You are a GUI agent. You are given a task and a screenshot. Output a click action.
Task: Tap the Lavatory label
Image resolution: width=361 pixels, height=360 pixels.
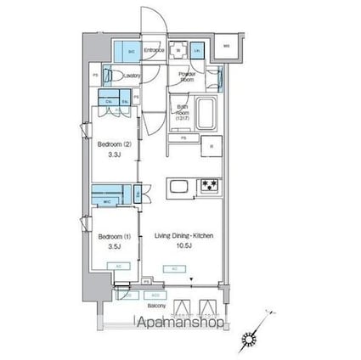(131, 76)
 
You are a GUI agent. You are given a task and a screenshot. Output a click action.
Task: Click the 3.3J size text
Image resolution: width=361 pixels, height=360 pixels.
(111, 156)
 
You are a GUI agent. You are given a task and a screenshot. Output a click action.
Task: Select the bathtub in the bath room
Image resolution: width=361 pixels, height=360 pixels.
(207, 111)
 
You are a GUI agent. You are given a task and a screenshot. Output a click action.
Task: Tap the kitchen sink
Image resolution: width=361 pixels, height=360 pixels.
(179, 186)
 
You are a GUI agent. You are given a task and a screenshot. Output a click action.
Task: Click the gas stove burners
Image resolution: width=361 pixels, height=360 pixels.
(208, 186)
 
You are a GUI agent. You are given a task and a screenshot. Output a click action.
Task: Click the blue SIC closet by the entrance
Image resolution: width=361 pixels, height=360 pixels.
(130, 51)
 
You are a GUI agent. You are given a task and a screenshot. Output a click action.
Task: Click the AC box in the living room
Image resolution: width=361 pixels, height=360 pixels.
(173, 268)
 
